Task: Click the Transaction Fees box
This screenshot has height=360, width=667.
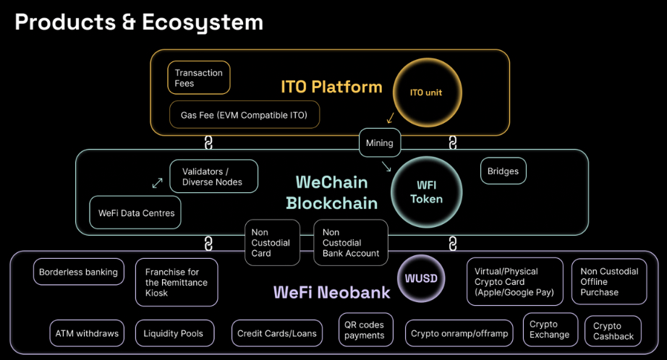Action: point(199,77)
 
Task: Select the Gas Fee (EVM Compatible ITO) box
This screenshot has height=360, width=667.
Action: point(245,115)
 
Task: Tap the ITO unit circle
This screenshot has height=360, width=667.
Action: point(426,93)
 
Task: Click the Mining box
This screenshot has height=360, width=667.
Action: point(379,142)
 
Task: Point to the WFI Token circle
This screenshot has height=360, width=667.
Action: point(426,192)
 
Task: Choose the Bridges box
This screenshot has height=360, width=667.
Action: point(503,171)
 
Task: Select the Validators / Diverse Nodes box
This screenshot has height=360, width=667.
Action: point(213,176)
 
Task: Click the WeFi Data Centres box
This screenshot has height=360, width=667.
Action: point(136,213)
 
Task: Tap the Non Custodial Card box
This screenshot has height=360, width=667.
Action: point(272,243)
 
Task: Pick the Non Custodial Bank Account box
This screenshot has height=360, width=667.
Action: point(351,243)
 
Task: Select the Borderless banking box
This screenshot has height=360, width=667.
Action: point(78,272)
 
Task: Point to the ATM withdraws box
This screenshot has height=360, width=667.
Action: point(87,333)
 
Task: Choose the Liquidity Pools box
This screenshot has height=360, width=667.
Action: point(174,333)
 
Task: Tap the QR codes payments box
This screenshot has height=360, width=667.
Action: point(365,330)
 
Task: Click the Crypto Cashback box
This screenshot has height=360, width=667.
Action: point(613,331)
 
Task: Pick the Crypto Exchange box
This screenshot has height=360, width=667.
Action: point(550,330)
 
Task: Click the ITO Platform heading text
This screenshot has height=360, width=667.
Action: point(331,87)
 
